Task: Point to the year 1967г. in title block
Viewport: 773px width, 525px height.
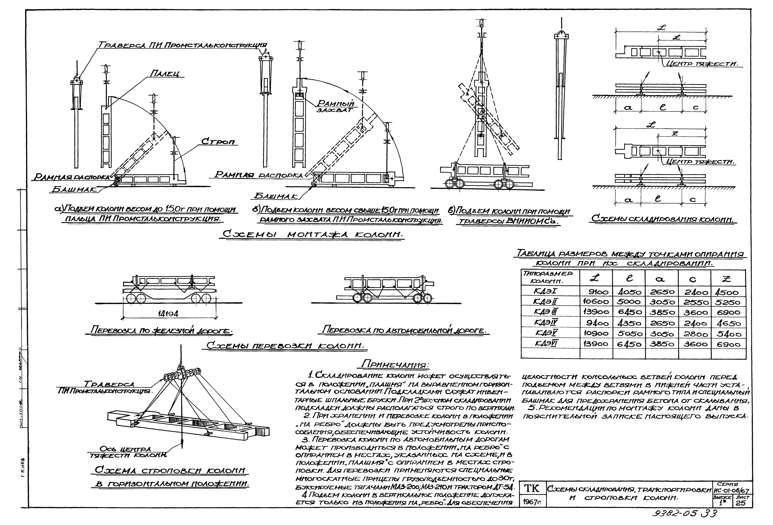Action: (x=532, y=502)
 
